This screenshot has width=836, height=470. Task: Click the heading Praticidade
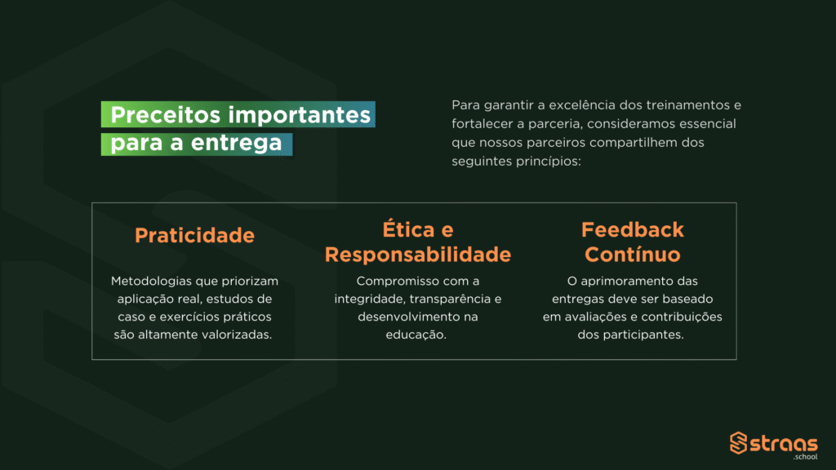click(x=194, y=235)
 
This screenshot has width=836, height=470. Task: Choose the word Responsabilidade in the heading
click(x=418, y=255)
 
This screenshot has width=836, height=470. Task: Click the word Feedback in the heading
click(x=633, y=229)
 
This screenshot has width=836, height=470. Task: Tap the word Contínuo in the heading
click(x=633, y=255)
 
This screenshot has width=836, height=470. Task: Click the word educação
click(x=416, y=335)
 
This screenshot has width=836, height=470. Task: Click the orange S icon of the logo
click(x=738, y=443)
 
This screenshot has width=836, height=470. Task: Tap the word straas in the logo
click(x=784, y=444)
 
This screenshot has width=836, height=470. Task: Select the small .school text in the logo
click(x=805, y=457)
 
